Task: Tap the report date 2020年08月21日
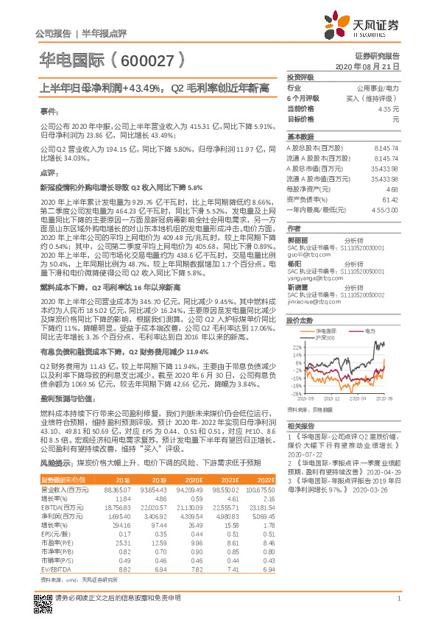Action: coord(375,66)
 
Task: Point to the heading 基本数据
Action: coord(300,138)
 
